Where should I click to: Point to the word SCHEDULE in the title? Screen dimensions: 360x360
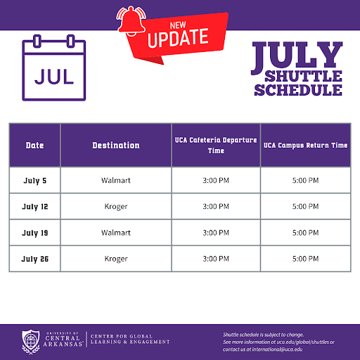298,90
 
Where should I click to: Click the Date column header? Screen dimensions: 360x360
34,146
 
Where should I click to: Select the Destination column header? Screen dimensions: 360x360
116,146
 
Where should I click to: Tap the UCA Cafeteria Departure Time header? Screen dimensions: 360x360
215,146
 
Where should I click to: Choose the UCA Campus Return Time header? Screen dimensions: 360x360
305,146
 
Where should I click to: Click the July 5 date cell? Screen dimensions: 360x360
34,181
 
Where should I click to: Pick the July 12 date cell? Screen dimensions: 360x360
34,207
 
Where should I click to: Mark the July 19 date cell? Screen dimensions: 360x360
34,233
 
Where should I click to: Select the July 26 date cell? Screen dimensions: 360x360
34,259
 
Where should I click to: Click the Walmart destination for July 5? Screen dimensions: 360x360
116,181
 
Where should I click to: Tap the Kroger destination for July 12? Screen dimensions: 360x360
116,207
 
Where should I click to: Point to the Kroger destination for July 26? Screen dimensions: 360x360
116,259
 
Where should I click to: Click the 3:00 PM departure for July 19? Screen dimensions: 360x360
215,233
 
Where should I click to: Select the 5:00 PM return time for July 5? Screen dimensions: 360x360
305,181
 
